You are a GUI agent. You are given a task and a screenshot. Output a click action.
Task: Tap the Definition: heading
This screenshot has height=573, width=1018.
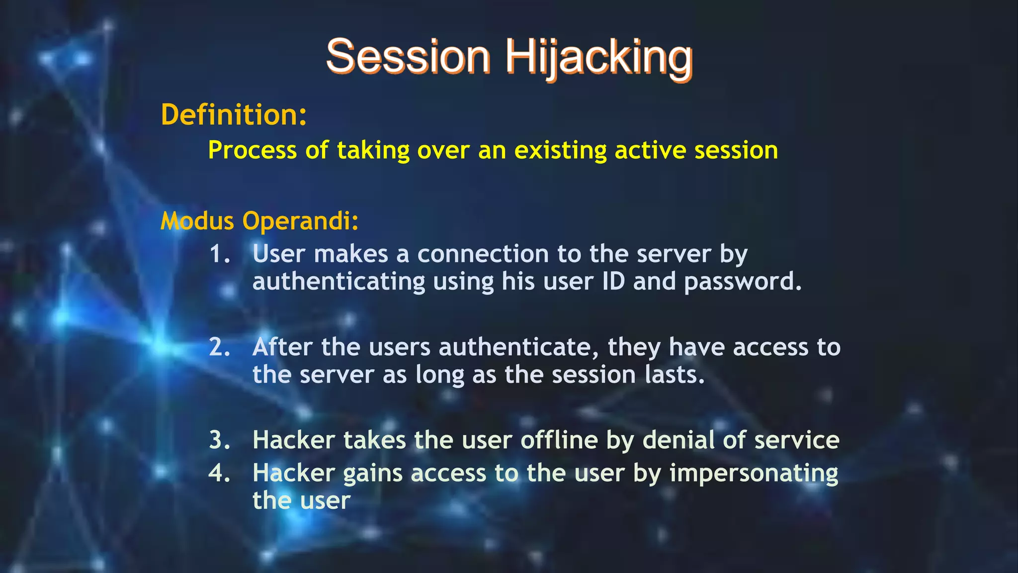pyautogui.click(x=234, y=115)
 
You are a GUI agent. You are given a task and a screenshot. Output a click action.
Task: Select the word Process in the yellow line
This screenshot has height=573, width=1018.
pyautogui.click(x=252, y=150)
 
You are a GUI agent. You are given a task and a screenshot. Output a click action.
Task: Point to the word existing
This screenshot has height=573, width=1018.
pyautogui.click(x=560, y=150)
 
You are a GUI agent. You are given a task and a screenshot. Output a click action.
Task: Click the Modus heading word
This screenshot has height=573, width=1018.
pyautogui.click(x=197, y=221)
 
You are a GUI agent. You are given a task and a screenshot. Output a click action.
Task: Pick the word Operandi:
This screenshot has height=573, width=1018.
pyautogui.click(x=300, y=222)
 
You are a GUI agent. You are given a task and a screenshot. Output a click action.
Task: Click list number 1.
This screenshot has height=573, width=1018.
pyautogui.click(x=219, y=254)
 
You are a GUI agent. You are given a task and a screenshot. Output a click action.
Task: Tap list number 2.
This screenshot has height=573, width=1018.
pyautogui.click(x=219, y=347)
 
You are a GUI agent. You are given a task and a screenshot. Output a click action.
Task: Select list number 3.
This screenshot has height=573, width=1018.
pyautogui.click(x=219, y=440)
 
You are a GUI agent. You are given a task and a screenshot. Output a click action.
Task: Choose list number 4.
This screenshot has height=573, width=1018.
pyautogui.click(x=219, y=473)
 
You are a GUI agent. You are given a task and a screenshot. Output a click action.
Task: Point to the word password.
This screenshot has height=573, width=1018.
pyautogui.click(x=743, y=282)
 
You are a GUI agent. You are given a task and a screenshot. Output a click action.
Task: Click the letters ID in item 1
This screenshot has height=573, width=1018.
pyautogui.click(x=613, y=282)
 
